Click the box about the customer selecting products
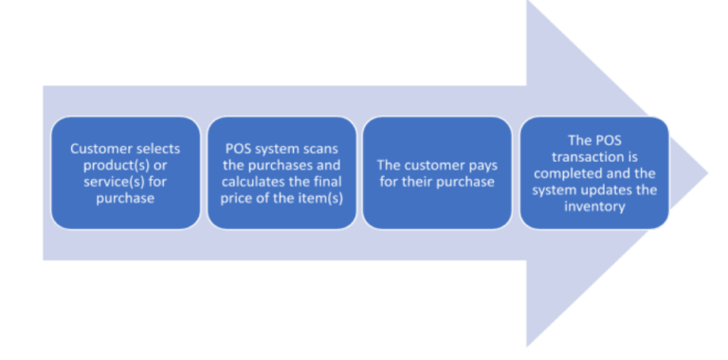point(125,172)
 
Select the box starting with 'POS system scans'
point(282,172)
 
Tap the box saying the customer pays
point(437,172)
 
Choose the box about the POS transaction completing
point(593,172)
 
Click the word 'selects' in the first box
point(156,149)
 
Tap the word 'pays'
point(479,165)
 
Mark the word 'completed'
point(573,173)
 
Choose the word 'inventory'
point(593,206)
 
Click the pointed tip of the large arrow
point(705,172)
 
